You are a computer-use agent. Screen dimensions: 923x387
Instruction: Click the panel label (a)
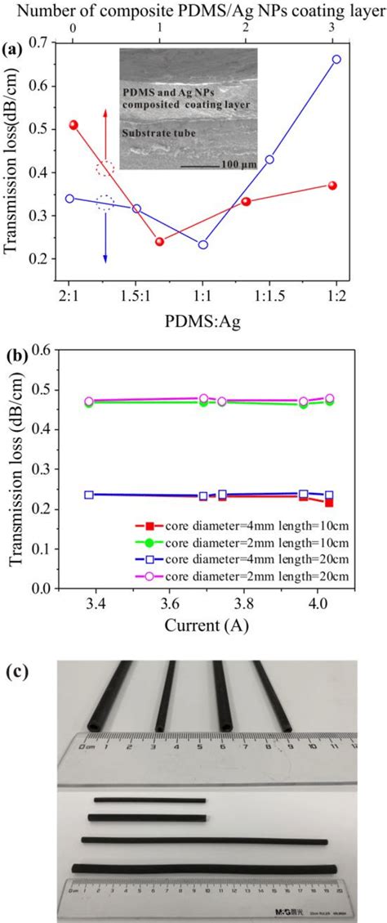13,50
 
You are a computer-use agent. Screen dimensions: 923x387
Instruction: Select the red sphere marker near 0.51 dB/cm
74,125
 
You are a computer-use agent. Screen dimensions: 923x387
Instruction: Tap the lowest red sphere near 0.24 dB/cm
159,241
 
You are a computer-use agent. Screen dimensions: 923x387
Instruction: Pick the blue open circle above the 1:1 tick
203,244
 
